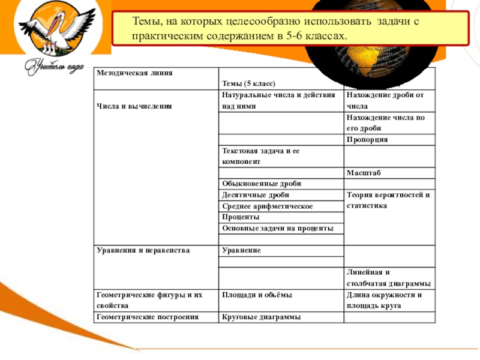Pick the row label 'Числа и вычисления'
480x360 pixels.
point(135,106)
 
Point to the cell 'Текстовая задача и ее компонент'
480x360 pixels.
point(260,156)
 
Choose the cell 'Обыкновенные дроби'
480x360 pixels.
point(261,184)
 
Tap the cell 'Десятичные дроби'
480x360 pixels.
point(256,195)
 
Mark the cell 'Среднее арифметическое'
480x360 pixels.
point(268,206)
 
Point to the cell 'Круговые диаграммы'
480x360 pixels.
point(261,317)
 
